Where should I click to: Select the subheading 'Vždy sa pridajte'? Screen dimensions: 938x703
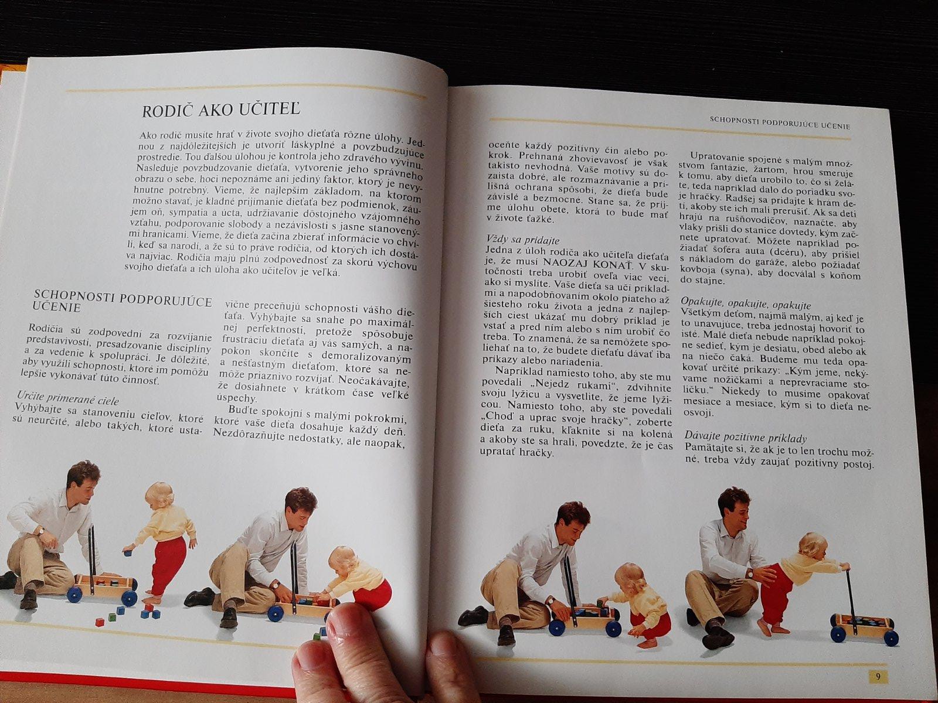tap(523, 240)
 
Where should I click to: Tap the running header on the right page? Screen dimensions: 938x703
tap(780, 124)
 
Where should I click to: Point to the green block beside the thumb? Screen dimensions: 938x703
tap(317, 637)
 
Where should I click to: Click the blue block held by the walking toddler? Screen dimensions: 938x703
tap(127, 553)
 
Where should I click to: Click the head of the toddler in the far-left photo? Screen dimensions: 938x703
tap(159, 496)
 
